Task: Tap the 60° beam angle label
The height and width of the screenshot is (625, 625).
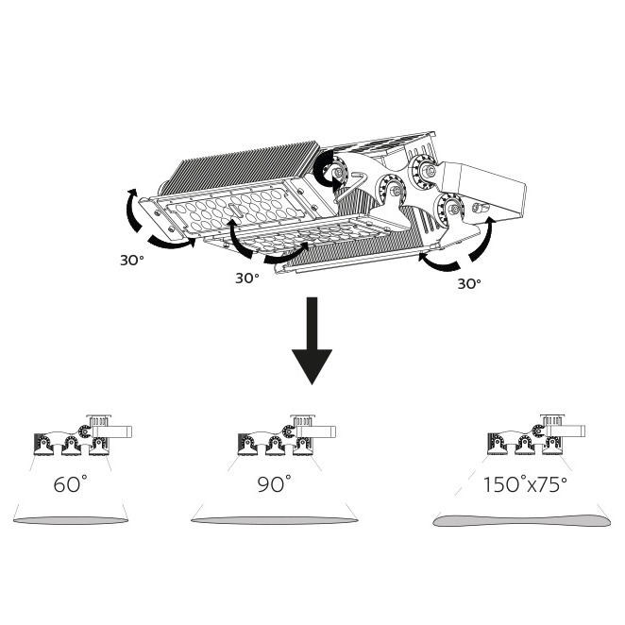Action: point(70,483)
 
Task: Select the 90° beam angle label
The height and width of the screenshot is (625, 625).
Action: point(274,483)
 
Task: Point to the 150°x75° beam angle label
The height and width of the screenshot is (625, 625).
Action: point(525,484)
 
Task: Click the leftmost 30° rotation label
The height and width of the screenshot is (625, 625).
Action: point(131,261)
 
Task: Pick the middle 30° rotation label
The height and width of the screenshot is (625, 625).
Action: point(247,278)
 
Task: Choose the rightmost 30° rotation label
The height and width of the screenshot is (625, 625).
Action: point(469,284)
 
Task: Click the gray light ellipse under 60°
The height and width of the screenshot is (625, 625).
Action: point(71,520)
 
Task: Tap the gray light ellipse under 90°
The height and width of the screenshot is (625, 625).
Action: point(274,520)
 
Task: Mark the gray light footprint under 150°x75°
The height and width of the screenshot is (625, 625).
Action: point(521,520)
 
